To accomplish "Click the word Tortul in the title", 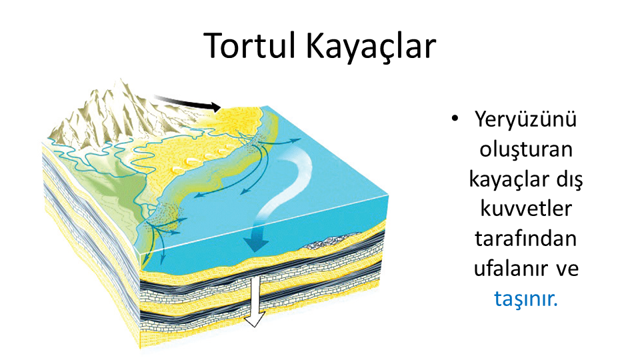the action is tap(249, 45).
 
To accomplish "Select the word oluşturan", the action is tap(526, 150).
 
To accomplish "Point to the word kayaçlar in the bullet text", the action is tap(503, 179).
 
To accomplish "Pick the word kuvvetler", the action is tap(526, 209).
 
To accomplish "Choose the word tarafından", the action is tap(526, 239).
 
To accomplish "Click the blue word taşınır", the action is tap(526, 299).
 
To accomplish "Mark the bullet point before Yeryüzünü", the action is tap(455, 119).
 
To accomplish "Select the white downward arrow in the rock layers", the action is tap(254, 300).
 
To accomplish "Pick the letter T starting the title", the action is tap(213, 46).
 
